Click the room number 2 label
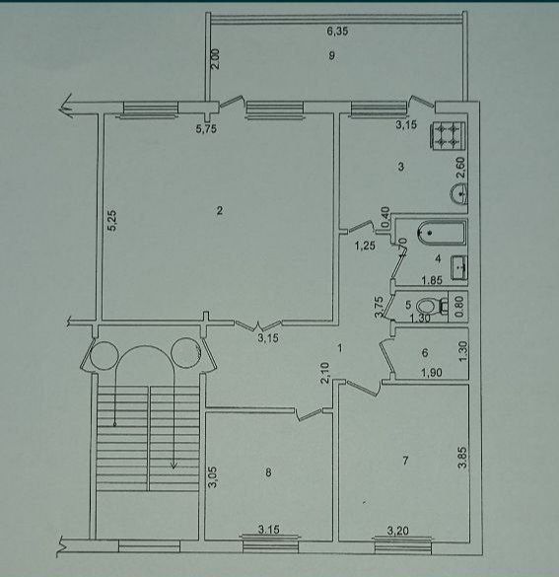pyautogui.click(x=221, y=209)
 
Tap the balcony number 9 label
pyautogui.click(x=333, y=56)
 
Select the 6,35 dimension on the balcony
pyautogui.click(x=337, y=33)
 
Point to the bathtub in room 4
pyautogui.click(x=439, y=235)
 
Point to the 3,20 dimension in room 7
pyautogui.click(x=398, y=531)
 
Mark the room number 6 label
pyautogui.click(x=424, y=353)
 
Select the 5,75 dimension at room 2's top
pyautogui.click(x=205, y=128)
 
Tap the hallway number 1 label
pyautogui.click(x=338, y=347)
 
